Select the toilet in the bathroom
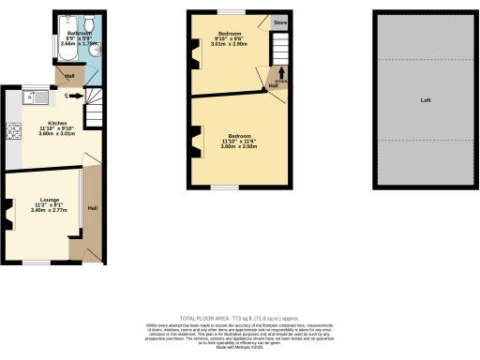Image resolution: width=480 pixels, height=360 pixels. (x=88, y=24)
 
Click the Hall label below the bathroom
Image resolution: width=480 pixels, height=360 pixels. (x=69, y=76)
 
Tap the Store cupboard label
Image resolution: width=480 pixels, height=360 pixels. (x=279, y=21)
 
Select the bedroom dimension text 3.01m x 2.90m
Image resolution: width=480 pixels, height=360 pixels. (x=228, y=44)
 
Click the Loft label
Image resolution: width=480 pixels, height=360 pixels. (x=425, y=98)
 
